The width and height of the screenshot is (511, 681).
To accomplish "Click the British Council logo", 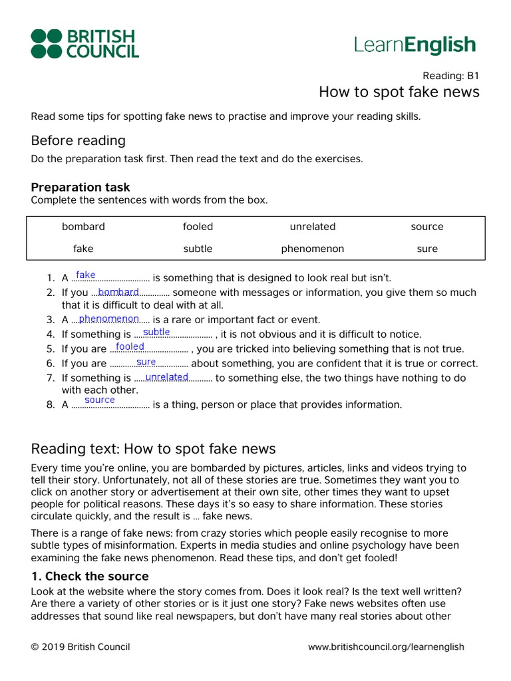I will pyautogui.click(x=85, y=43).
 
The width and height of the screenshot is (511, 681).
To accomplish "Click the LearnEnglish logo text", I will pyautogui.click(x=415, y=45).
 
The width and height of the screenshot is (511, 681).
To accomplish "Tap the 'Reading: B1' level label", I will pyautogui.click(x=450, y=75).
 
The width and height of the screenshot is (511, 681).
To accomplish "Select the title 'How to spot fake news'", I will pyautogui.click(x=399, y=92).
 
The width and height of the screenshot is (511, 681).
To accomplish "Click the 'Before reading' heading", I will pyautogui.click(x=78, y=140).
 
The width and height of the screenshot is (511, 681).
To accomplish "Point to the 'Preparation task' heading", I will pyautogui.click(x=81, y=188).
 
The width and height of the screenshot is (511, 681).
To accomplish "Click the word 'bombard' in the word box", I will pyautogui.click(x=83, y=227).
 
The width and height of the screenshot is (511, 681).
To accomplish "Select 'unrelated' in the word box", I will pyautogui.click(x=313, y=227).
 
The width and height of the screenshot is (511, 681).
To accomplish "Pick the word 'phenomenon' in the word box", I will pyautogui.click(x=313, y=249).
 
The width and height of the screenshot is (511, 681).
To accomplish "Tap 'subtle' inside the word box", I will pyautogui.click(x=198, y=249).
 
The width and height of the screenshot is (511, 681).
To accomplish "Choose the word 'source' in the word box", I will pyautogui.click(x=427, y=227).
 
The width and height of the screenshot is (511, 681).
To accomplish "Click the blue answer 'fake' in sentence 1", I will pyautogui.click(x=86, y=275).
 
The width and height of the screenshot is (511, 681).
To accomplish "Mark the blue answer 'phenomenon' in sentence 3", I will pyautogui.click(x=108, y=319).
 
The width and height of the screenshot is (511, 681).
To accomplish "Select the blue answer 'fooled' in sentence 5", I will pyautogui.click(x=130, y=346).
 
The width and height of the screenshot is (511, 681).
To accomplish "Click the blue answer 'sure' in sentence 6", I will pyautogui.click(x=146, y=362).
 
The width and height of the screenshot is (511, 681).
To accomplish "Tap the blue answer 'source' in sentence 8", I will pyautogui.click(x=100, y=400).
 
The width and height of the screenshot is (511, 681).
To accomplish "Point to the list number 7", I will pyautogui.click(x=51, y=378).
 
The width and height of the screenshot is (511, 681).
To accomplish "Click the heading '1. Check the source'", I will pyautogui.click(x=90, y=576).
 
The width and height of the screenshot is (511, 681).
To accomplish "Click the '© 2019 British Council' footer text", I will pyautogui.click(x=81, y=646).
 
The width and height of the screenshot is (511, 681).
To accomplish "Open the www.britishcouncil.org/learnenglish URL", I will pyautogui.click(x=386, y=646).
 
